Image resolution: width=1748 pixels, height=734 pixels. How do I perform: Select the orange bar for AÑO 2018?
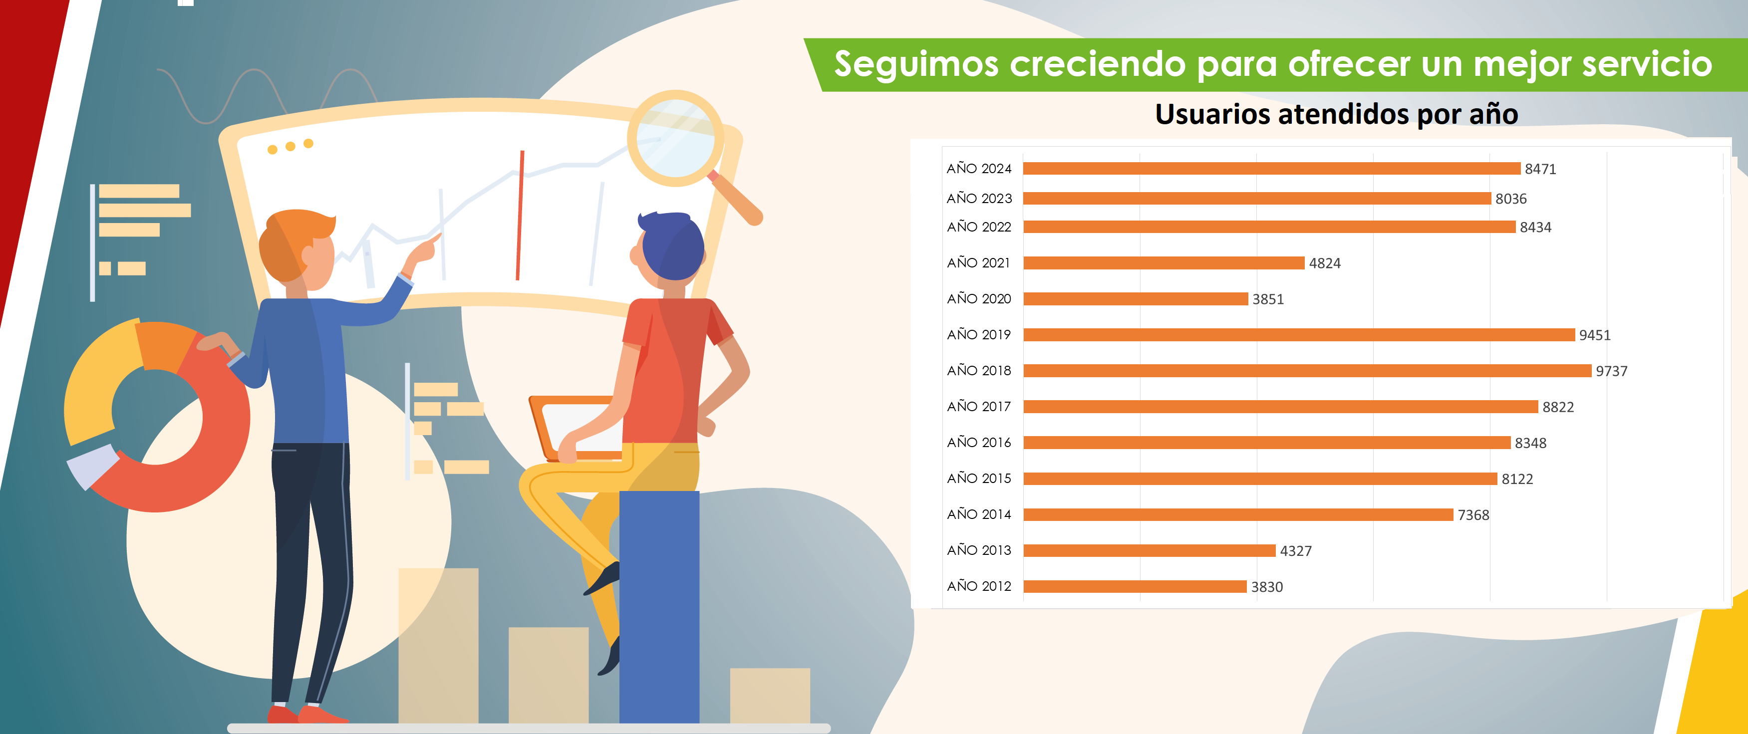coord(1307,370)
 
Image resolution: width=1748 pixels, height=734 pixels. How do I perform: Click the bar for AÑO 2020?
coord(1135,298)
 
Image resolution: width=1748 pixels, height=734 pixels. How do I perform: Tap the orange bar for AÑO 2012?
coord(1135,586)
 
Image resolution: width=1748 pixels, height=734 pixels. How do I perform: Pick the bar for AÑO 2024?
coord(1272,168)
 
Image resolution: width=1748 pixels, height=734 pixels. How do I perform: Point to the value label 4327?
coord(1295,551)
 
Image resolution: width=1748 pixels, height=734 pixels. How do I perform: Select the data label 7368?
coord(1473,515)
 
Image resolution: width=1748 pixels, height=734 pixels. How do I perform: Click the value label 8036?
coord(1510,199)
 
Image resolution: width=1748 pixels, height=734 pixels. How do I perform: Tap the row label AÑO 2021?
coord(978,262)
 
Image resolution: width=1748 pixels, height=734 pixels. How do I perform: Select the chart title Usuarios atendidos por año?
coord(1336,114)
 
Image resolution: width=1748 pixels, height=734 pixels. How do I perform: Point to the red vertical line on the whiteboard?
coord(520,215)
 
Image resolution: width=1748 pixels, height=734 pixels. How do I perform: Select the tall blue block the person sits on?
coord(659,606)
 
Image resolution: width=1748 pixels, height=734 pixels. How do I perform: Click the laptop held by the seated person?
coord(577,427)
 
